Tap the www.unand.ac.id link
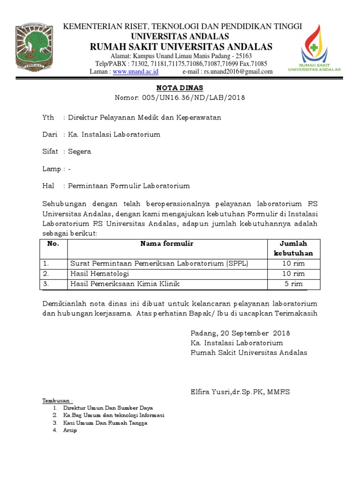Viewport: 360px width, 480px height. point(135,72)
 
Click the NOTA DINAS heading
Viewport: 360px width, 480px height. point(180,88)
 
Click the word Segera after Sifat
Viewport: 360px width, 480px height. point(80,151)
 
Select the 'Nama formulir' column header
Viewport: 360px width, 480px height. point(167,244)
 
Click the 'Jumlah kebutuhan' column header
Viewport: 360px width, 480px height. point(293,248)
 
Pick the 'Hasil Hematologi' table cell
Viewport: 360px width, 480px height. point(100,274)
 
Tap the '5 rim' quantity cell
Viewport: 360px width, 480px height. point(293,284)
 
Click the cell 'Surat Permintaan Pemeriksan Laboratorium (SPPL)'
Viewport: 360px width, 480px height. point(159,263)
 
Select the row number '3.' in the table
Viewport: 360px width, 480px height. point(46,284)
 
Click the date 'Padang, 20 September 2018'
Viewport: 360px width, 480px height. point(240,333)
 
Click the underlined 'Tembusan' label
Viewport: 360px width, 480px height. point(58,401)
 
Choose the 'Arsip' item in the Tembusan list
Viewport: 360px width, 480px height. point(70,430)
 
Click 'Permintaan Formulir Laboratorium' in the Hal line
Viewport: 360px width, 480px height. point(129,186)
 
